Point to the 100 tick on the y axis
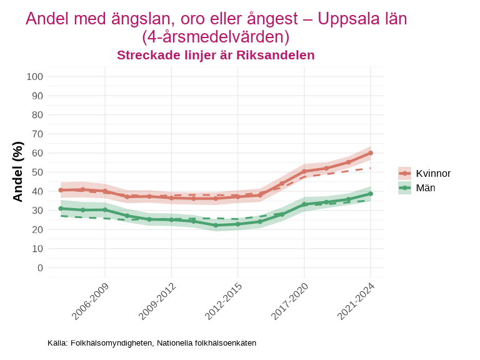click(35, 77)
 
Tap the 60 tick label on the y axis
click(37, 153)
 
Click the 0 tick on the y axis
click(40, 267)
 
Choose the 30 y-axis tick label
click(37, 211)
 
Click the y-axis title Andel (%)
click(18, 172)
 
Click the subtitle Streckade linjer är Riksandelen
click(216, 55)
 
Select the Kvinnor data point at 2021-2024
click(371, 153)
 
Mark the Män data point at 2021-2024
click(371, 194)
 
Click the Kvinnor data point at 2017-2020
click(304, 171)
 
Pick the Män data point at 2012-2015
click(237, 224)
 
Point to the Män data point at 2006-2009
click(105, 209)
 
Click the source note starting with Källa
click(152, 343)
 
